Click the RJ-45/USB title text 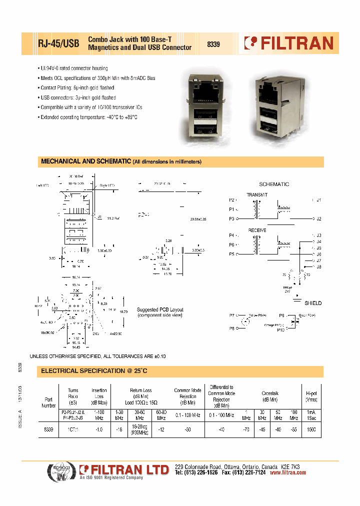tap(58, 43)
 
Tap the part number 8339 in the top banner tap(213, 44)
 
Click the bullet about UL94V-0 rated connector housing tap(73, 68)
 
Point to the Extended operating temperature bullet tap(88, 116)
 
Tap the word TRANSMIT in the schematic tap(257, 194)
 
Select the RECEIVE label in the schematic tap(257, 230)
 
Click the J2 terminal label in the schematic tap(318, 219)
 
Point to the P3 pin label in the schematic tap(231, 219)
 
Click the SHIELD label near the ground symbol tap(313, 303)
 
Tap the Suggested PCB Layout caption tap(160, 313)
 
